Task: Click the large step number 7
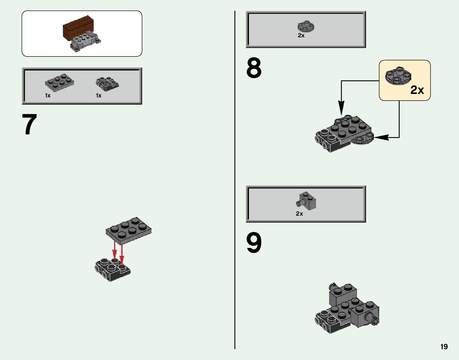(x=30, y=124)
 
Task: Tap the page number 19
(x=444, y=347)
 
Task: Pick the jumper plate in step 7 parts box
(x=107, y=83)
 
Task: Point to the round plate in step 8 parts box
(x=306, y=27)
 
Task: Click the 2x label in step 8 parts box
(x=301, y=35)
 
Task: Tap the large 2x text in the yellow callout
(x=417, y=90)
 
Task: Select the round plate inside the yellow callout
(x=398, y=75)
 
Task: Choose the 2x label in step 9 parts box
(x=299, y=213)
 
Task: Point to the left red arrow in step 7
(x=114, y=251)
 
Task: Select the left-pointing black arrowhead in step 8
(x=380, y=137)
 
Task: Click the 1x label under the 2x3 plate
(x=48, y=95)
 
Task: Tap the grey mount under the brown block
(x=84, y=42)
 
